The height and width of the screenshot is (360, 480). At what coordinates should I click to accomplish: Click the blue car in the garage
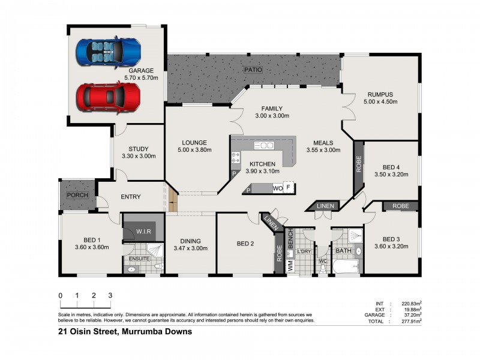108,52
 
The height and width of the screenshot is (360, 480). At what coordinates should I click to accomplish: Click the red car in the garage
108,96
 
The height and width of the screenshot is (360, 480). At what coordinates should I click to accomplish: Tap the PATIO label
253,70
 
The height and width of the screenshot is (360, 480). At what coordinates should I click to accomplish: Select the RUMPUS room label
380,94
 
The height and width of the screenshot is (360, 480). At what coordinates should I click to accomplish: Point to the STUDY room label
139,149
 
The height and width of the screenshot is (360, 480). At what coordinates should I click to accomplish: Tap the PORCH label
77,195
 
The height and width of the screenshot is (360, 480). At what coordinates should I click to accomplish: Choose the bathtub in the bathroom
344,265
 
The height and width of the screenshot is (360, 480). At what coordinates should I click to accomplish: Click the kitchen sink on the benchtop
264,146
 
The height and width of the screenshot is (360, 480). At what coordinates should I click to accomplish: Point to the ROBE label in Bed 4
358,165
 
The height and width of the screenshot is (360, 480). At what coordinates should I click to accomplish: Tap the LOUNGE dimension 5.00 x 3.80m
194,150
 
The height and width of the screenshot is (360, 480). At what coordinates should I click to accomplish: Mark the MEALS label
323,143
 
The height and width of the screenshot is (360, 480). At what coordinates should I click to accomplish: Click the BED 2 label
246,243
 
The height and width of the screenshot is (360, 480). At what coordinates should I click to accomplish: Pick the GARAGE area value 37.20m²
411,315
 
